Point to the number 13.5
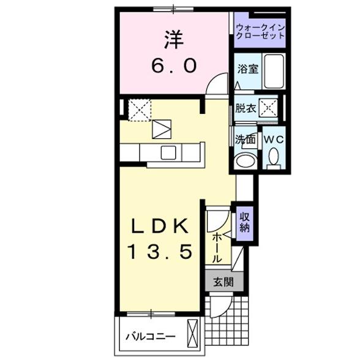point(160,250)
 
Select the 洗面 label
point(246,139)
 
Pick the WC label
point(272,139)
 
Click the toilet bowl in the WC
point(272,159)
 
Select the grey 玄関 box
point(223,282)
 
